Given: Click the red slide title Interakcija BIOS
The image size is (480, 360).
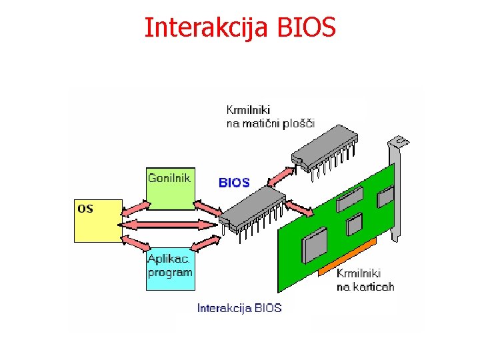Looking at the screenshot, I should click(x=241, y=28).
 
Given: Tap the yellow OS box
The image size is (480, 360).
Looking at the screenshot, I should click(x=97, y=220).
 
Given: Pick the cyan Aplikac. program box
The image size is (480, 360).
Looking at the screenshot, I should click(x=171, y=267).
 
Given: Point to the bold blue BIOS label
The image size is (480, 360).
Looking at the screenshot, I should click(x=234, y=182).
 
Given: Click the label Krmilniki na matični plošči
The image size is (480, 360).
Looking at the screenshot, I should click(x=270, y=116).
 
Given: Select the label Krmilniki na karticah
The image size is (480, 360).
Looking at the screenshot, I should click(x=365, y=280).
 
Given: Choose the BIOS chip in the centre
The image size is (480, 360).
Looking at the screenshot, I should click(x=251, y=207).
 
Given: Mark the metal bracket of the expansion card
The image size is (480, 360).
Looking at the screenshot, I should click(x=397, y=187).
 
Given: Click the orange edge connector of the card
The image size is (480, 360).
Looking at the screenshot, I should click(x=347, y=257).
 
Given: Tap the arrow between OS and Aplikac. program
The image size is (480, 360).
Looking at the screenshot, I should click(x=134, y=241).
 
